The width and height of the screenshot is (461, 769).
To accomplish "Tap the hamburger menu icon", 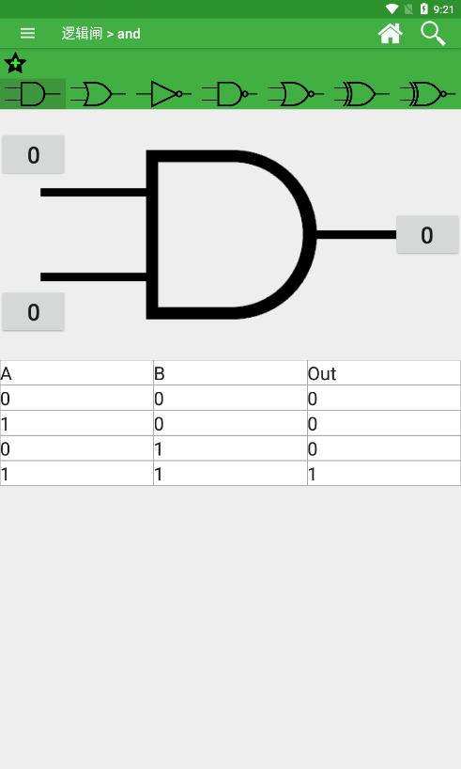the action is pyautogui.click(x=27, y=33).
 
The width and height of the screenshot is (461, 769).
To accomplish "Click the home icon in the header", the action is pyautogui.click(x=390, y=33).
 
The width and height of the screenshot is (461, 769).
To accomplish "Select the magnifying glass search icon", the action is pyautogui.click(x=433, y=33).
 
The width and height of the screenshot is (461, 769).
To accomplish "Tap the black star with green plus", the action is pyautogui.click(x=15, y=63).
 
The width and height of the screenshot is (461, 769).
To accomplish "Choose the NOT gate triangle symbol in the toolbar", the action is pyautogui.click(x=163, y=94).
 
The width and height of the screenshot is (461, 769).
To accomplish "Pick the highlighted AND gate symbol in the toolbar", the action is pyautogui.click(x=32, y=94).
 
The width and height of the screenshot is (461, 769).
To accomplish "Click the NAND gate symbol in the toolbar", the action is pyautogui.click(x=230, y=94).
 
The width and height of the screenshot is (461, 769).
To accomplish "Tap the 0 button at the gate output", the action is pyautogui.click(x=427, y=235).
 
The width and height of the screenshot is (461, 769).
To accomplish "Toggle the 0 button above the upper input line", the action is pyautogui.click(x=33, y=155).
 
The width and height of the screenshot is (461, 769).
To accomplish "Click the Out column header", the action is pyautogui.click(x=322, y=374).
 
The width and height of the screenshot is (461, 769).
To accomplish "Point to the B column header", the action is pyautogui.click(x=160, y=374).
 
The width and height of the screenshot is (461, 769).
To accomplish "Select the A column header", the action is pyautogui.click(x=6, y=374).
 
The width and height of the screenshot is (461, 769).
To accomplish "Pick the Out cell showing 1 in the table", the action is pyautogui.click(x=312, y=474).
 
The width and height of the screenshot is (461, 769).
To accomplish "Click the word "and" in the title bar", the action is pyautogui.click(x=129, y=34).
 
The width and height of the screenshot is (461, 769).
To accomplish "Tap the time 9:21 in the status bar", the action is pyautogui.click(x=443, y=9).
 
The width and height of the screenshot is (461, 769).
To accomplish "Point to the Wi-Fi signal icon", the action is pyautogui.click(x=392, y=8).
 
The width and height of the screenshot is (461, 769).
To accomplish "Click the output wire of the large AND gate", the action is pyautogui.click(x=356, y=235).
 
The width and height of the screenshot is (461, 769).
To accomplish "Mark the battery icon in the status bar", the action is pyautogui.click(x=424, y=8).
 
